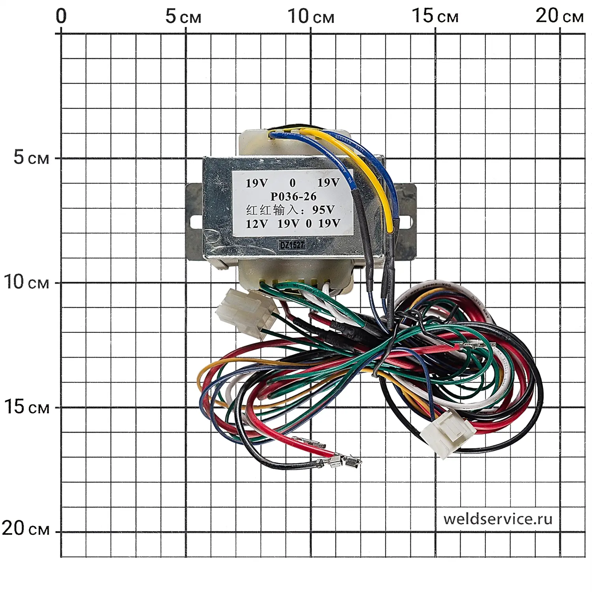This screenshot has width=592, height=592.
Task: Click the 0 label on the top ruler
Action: point(61,17)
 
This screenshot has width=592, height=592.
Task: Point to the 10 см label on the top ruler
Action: point(311,17)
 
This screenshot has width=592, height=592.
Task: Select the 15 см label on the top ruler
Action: point(435,17)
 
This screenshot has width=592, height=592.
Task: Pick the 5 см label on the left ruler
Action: point(31,157)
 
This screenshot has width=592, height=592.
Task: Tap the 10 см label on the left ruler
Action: point(26,282)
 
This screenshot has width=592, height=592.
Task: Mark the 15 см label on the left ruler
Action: point(26,407)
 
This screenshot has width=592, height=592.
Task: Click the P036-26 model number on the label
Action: point(293,196)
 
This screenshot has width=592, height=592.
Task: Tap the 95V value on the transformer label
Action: point(323,210)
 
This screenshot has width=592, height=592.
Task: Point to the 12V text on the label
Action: point(257,224)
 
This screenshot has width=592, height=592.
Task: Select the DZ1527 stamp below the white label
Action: point(292,245)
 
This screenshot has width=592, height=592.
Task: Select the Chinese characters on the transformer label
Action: point(272,210)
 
